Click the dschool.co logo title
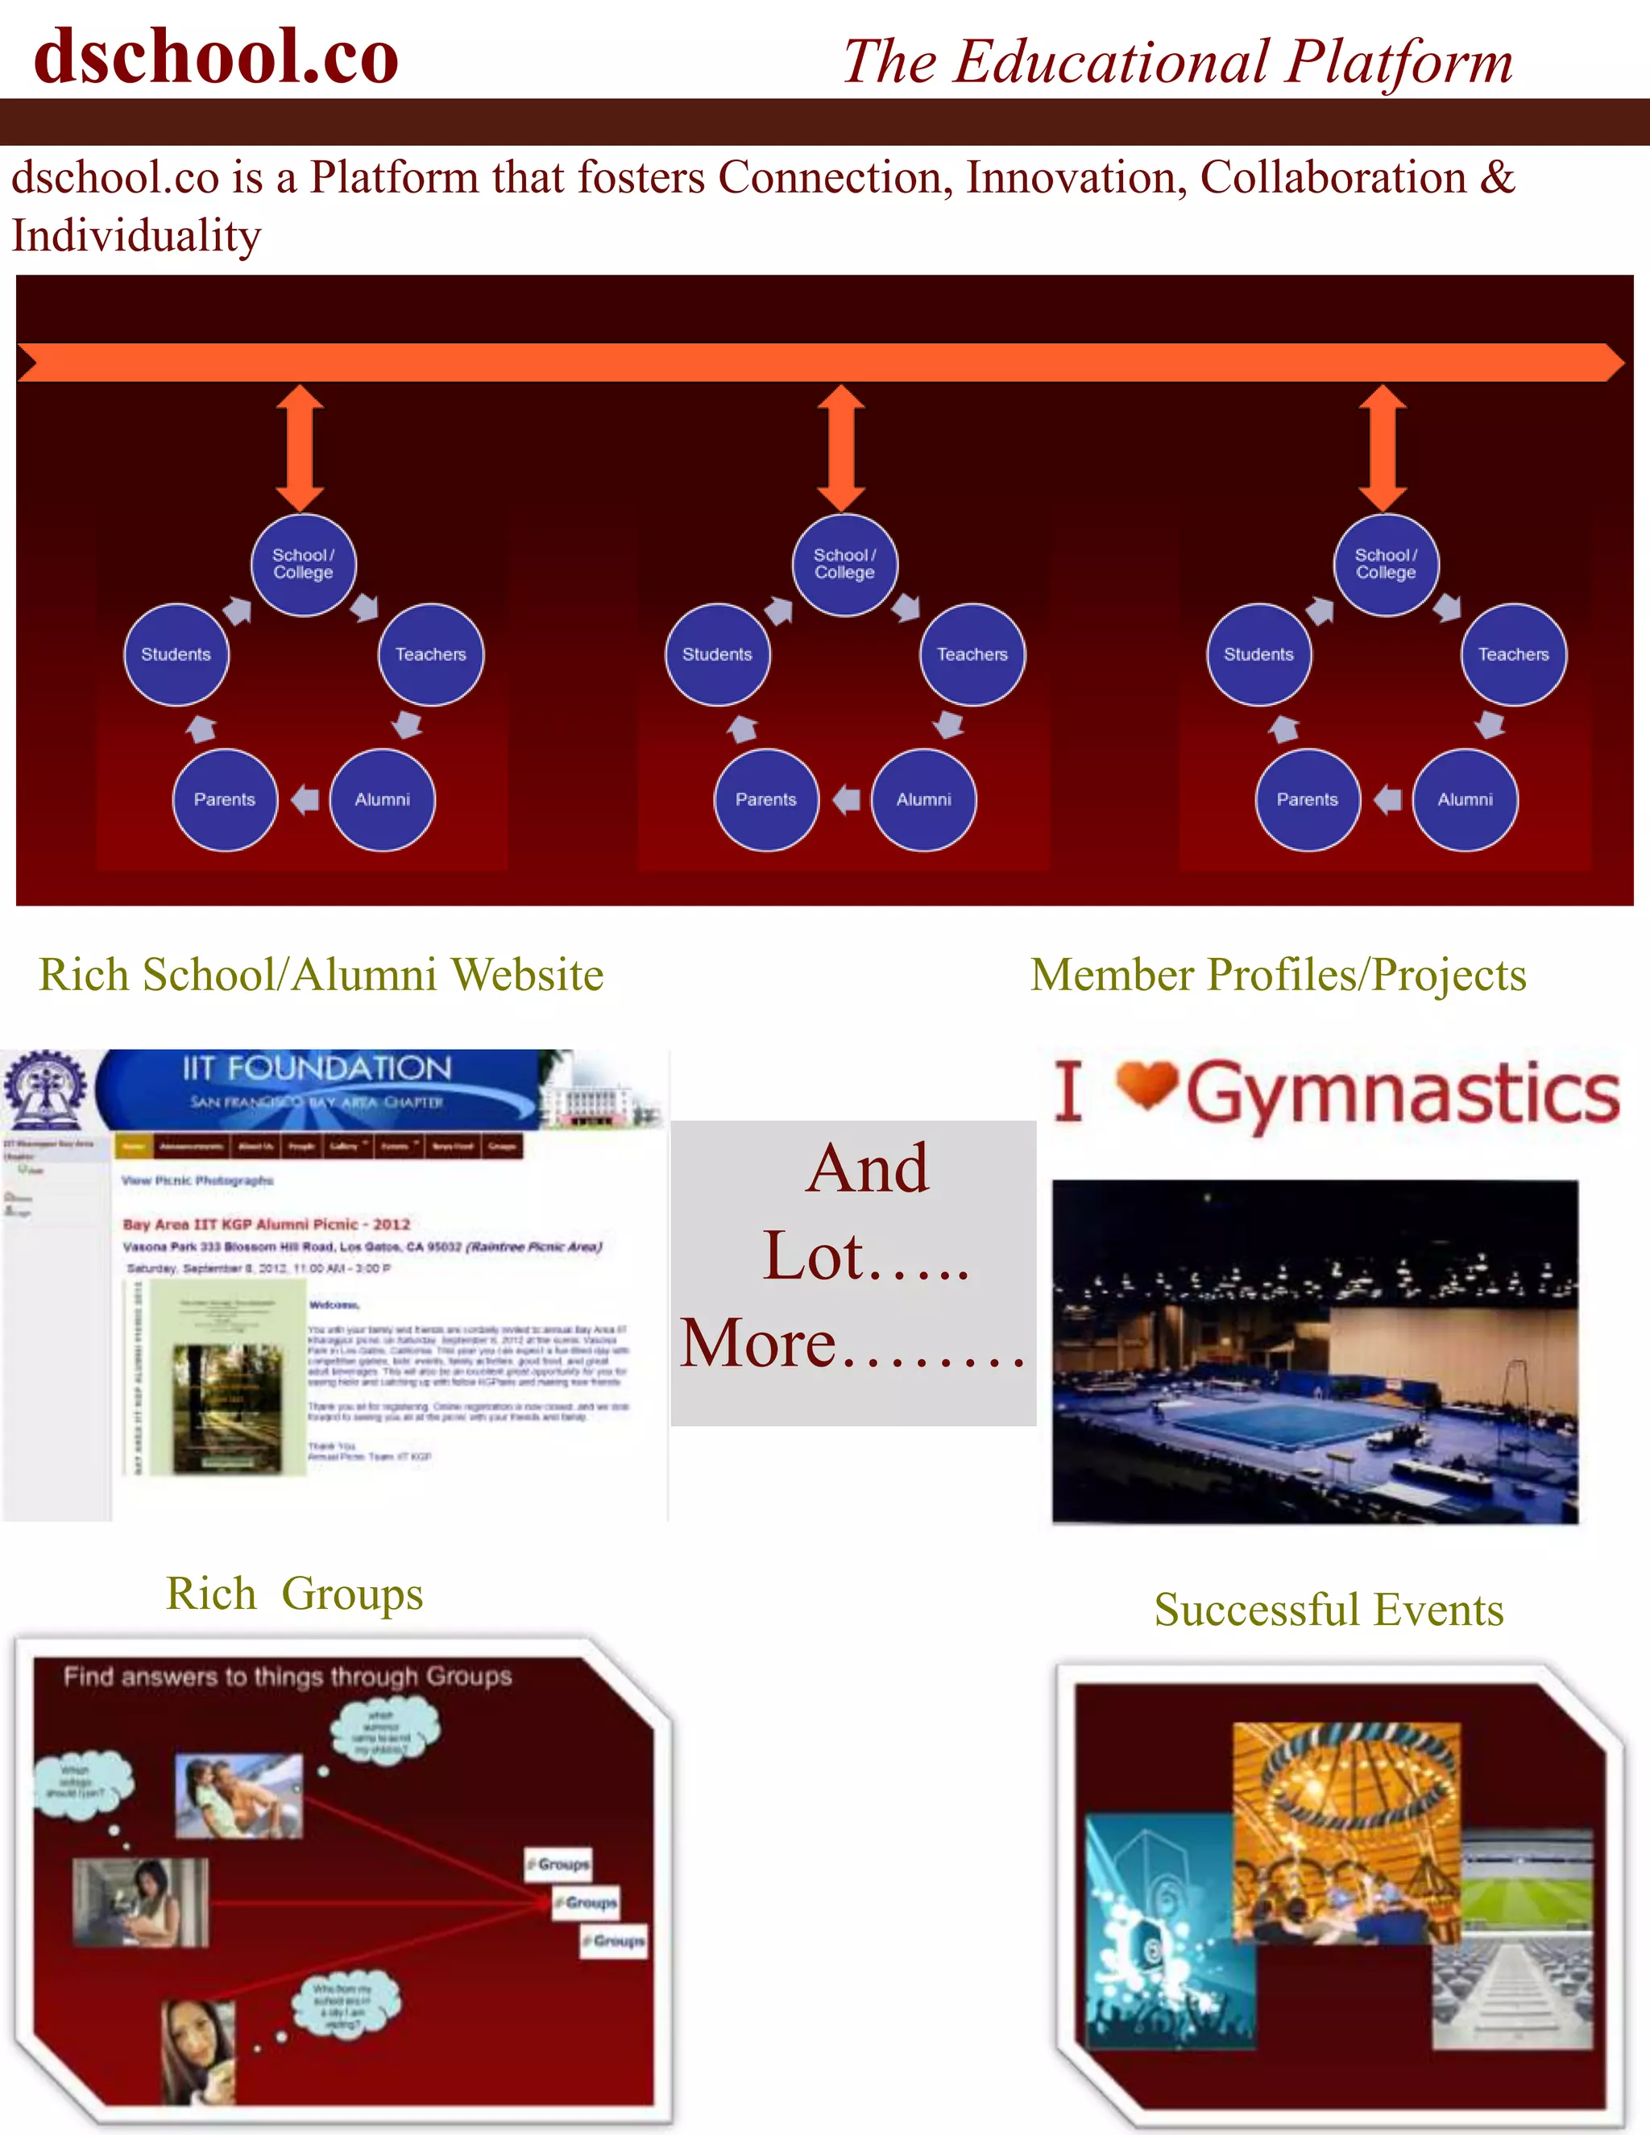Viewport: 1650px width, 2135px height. click(216, 56)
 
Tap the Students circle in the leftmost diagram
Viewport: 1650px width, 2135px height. click(176, 654)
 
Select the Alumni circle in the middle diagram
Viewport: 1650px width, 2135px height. click(924, 800)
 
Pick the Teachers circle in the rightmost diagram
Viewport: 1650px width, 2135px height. click(1513, 654)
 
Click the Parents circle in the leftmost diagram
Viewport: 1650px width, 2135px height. click(225, 800)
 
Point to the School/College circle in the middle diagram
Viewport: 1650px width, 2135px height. click(844, 564)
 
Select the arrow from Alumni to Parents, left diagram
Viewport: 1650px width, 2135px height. click(305, 800)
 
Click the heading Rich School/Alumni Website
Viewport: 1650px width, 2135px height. click(321, 975)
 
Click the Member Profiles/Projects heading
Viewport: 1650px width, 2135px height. click(1278, 975)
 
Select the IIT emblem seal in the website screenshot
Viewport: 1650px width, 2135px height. click(45, 1087)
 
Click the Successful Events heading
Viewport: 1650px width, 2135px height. click(1329, 1609)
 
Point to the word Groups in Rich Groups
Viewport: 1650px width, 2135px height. click(352, 1594)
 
